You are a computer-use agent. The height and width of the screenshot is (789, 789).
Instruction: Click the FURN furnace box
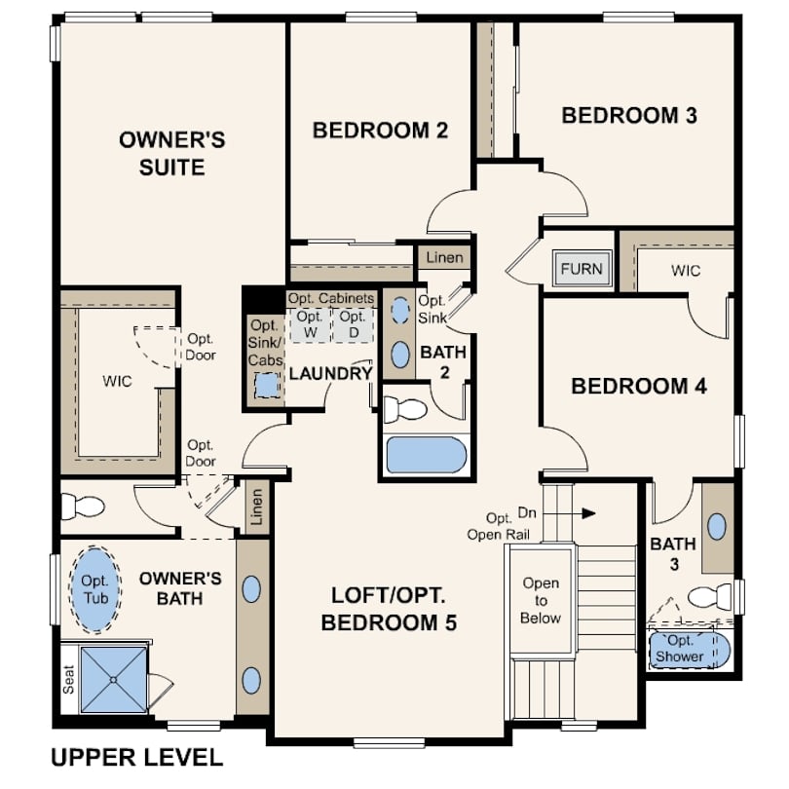(x=582, y=269)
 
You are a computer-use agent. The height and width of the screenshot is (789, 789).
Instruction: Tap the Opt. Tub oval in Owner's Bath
(x=95, y=589)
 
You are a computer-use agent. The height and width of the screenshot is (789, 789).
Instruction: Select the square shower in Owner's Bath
(x=114, y=679)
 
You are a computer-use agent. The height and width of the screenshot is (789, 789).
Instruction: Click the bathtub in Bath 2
(x=427, y=455)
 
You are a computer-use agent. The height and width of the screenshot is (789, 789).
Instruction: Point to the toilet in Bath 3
(x=709, y=596)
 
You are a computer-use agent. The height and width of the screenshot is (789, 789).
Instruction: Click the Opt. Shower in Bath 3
(x=689, y=650)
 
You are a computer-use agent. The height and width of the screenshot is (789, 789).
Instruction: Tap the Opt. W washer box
(x=311, y=325)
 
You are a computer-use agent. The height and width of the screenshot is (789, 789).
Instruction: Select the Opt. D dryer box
(x=354, y=325)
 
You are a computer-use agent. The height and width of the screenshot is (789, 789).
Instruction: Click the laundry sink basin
(x=266, y=386)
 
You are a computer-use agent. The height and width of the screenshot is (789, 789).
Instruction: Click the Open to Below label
(x=541, y=600)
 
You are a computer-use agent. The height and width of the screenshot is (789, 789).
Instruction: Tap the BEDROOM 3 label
(x=629, y=115)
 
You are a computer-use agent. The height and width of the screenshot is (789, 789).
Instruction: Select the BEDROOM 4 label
(x=639, y=386)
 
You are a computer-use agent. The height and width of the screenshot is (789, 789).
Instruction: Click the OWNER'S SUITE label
(x=172, y=154)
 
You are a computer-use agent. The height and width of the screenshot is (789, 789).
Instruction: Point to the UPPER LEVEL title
(x=137, y=758)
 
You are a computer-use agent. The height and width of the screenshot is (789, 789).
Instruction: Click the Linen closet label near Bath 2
(x=444, y=257)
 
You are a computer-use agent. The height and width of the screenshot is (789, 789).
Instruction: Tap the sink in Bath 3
(x=717, y=527)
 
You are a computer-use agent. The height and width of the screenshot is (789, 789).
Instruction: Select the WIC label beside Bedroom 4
(x=686, y=271)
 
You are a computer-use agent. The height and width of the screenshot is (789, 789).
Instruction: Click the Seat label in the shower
(x=69, y=679)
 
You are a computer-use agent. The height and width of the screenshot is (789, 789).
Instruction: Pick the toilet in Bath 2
(x=405, y=409)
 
